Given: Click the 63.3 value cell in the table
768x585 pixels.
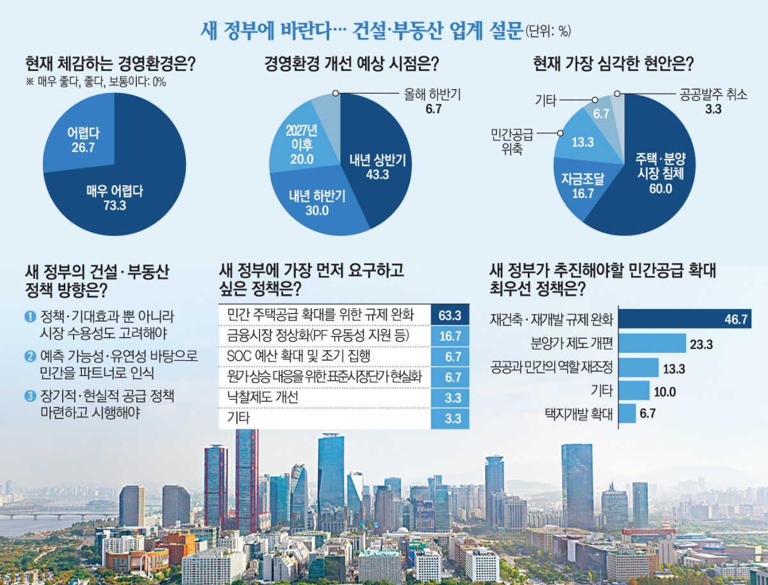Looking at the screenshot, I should (x=450, y=315).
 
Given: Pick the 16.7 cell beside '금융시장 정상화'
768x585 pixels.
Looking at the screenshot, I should (x=450, y=335).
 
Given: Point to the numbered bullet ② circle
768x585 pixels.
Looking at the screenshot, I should (x=29, y=356).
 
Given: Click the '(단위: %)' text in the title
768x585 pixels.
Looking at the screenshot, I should (x=548, y=31).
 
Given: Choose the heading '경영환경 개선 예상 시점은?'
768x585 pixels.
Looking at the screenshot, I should (x=352, y=64).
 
